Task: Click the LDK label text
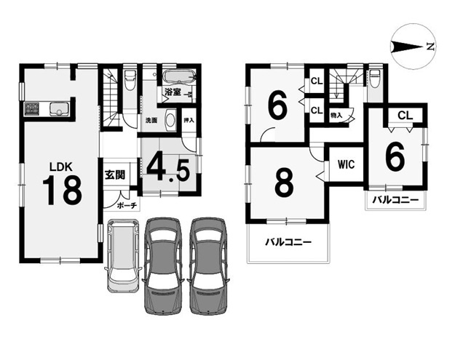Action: coord(60,167)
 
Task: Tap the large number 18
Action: coord(62,191)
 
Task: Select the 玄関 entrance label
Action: coord(115,175)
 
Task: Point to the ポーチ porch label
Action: coord(127,206)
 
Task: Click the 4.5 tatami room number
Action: coord(168,170)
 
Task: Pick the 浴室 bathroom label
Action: coord(173,92)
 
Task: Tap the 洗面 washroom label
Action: coord(151,121)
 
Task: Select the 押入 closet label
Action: coord(189,120)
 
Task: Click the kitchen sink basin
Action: coord(59,109)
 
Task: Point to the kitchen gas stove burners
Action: coord(32,108)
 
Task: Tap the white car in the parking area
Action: coord(122,255)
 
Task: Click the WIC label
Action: coord(347,164)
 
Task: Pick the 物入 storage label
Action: coord(336,116)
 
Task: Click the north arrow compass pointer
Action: coord(407,47)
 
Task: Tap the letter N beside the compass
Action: coord(431,47)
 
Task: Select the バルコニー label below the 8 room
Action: coord(288,242)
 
